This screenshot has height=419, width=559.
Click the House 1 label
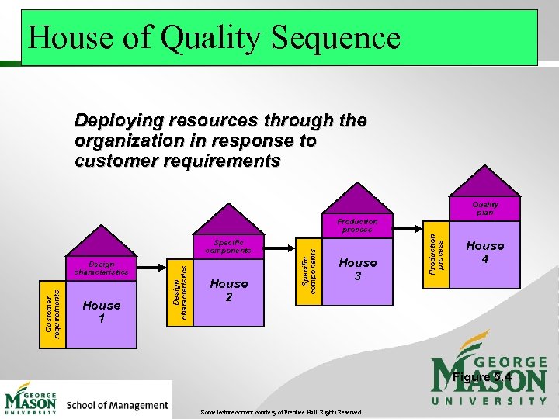click(x=102, y=312)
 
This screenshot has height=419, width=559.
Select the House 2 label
click(x=229, y=290)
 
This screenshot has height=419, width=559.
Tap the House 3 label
click(x=358, y=269)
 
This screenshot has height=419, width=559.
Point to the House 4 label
click(x=485, y=251)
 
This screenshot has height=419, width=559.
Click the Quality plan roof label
click(x=485, y=208)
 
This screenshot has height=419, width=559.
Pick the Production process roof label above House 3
click(x=358, y=226)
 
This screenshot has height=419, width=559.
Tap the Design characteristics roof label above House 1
click(x=102, y=268)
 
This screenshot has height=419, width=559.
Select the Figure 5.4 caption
click(x=481, y=377)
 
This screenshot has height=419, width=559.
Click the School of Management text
click(x=117, y=405)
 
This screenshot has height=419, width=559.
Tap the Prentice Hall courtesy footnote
click(x=281, y=412)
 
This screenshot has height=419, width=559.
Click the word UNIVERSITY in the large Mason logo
click(x=489, y=400)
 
